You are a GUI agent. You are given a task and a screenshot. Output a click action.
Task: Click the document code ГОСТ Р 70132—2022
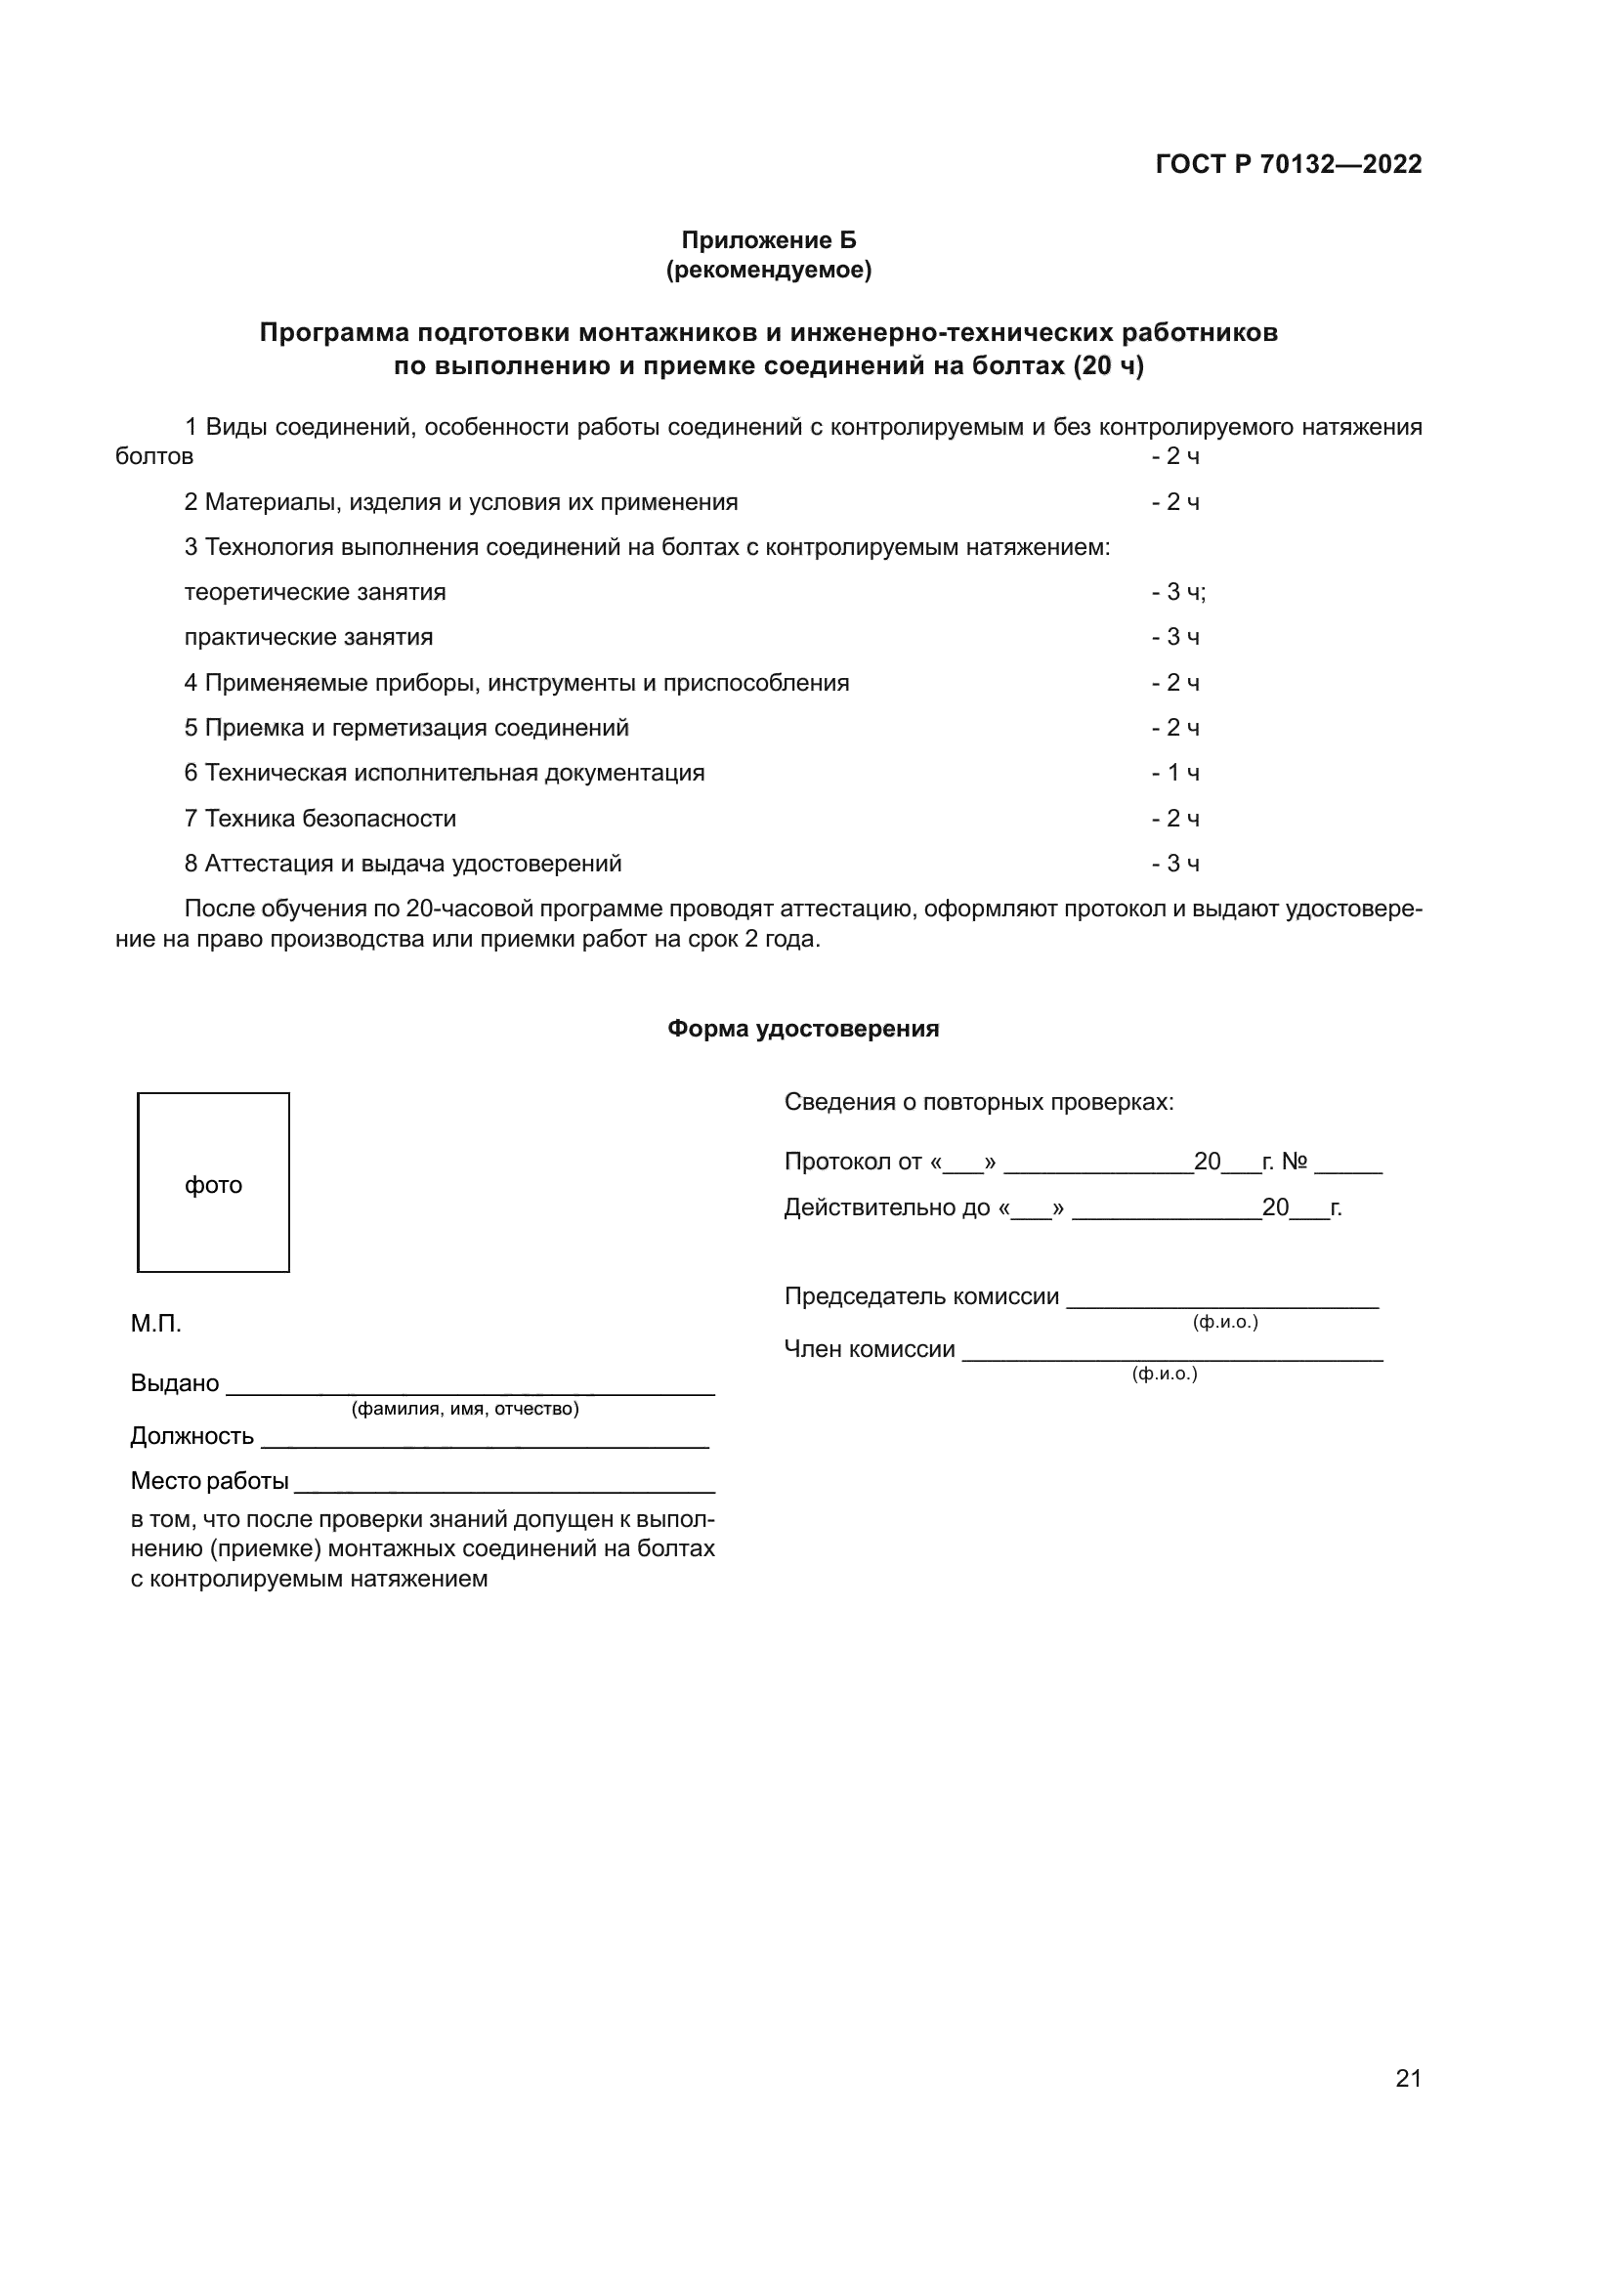(1288, 164)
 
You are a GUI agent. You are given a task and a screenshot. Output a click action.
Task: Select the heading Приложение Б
(768, 240)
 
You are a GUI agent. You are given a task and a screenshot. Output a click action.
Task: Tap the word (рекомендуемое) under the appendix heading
(768, 270)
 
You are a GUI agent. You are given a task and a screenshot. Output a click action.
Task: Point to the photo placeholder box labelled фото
(213, 1182)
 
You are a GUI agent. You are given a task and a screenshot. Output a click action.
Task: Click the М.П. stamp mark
(156, 1324)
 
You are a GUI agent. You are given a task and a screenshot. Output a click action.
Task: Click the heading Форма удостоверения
(803, 1028)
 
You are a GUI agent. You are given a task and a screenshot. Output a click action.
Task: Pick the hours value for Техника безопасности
(1175, 818)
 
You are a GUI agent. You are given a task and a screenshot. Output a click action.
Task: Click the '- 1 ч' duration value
(1175, 773)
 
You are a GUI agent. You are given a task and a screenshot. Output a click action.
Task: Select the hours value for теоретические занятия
(1178, 592)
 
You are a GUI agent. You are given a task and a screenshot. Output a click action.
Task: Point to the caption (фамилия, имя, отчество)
(465, 1409)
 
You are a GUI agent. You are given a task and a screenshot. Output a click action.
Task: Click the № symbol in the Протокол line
(1294, 1162)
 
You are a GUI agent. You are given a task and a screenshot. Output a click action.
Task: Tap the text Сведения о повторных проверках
(978, 1102)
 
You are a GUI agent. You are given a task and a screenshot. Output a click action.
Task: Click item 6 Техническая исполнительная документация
(444, 773)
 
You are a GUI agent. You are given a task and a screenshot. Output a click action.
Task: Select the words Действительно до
(886, 1207)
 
